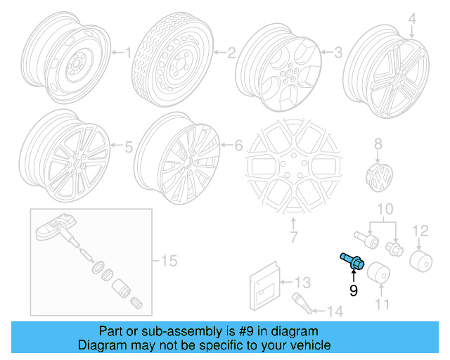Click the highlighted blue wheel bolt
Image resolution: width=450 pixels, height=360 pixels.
point(352,260)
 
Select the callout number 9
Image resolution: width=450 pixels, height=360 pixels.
point(354,289)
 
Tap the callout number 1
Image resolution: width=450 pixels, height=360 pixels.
point(128,51)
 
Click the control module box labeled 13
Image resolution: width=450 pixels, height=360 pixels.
point(265,286)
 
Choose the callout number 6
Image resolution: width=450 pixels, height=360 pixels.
point(238,146)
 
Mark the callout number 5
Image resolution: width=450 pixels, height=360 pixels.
point(128,148)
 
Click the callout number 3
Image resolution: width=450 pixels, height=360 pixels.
point(338,51)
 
